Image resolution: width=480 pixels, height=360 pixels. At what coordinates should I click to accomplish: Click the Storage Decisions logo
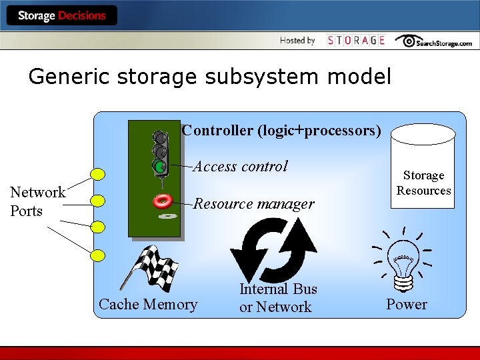tap(61, 15)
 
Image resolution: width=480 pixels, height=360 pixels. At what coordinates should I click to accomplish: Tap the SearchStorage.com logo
tap(433, 41)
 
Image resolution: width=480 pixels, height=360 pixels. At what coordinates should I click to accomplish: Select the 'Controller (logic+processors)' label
tap(281, 130)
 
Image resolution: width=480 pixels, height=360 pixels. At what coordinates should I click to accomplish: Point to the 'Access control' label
tap(240, 166)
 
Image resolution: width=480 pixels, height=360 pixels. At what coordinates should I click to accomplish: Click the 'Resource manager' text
tap(253, 204)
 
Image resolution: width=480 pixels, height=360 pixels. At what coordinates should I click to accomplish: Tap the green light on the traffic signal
tap(159, 165)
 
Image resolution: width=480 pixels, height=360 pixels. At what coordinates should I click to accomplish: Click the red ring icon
tap(162, 200)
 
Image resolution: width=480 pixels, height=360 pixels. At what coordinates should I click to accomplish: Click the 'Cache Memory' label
tap(148, 305)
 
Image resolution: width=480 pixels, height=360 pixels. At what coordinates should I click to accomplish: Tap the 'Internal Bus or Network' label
tap(277, 298)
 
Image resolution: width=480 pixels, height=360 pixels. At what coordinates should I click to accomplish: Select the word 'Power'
tap(406, 305)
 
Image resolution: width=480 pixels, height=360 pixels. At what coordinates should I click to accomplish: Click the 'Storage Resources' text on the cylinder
tap(423, 183)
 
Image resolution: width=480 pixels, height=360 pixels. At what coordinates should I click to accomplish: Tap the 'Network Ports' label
tap(37, 201)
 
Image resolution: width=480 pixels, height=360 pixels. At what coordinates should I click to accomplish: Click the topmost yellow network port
tap(98, 175)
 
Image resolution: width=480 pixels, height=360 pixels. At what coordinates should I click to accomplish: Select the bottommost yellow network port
tap(98, 255)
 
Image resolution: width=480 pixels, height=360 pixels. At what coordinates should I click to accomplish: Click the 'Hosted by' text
tap(297, 41)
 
